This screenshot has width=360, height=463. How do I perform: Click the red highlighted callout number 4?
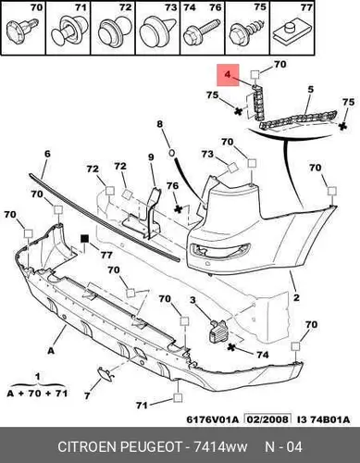(228, 74)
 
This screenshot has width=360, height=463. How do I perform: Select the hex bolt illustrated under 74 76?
(202, 31)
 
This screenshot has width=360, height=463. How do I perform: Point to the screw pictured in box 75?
(247, 31)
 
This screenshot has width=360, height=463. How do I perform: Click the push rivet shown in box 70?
(22, 31)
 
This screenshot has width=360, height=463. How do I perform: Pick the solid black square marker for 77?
(84, 239)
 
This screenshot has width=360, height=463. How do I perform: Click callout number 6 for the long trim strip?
(47, 154)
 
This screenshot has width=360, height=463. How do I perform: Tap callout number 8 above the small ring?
(159, 124)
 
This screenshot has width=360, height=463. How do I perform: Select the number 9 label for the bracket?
(151, 157)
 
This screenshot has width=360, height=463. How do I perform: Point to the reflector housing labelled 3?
(217, 332)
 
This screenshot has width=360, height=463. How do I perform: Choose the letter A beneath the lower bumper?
(51, 351)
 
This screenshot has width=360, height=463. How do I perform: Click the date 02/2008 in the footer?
(267, 419)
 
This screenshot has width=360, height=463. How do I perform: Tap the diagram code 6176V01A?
(213, 419)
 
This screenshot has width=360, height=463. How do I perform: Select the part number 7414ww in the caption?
(220, 447)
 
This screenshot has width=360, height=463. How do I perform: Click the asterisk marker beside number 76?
(179, 209)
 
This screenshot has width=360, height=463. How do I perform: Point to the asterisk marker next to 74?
(231, 347)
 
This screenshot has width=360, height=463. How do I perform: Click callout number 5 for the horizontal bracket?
(310, 90)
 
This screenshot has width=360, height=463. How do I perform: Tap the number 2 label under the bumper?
(296, 297)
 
